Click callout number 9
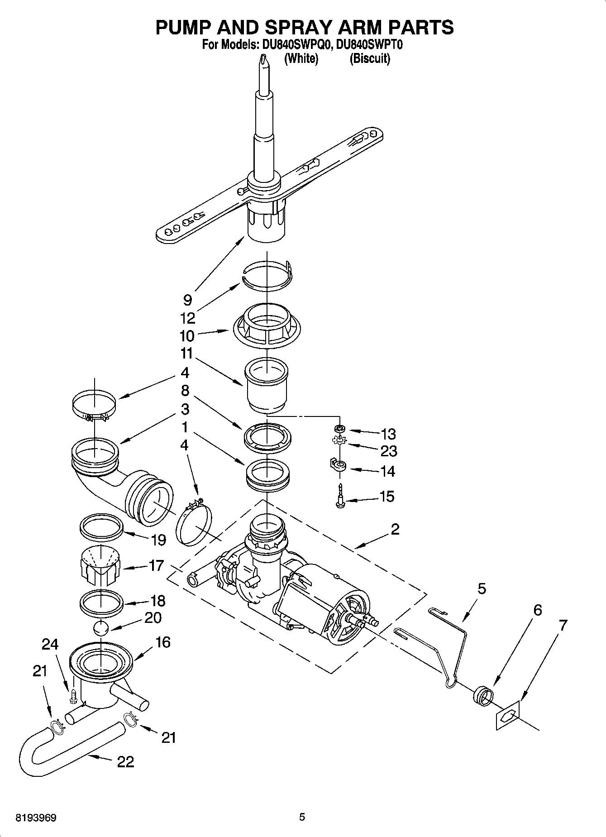click(x=187, y=300)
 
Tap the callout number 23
click(x=388, y=451)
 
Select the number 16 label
click(x=162, y=642)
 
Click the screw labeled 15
click(x=340, y=497)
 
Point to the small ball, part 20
click(x=101, y=628)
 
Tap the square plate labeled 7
click(x=508, y=715)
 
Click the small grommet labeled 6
click(x=482, y=695)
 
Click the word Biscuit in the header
click(x=369, y=58)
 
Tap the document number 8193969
click(x=36, y=818)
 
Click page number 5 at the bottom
click(x=302, y=817)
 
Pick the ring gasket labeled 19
click(x=102, y=525)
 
